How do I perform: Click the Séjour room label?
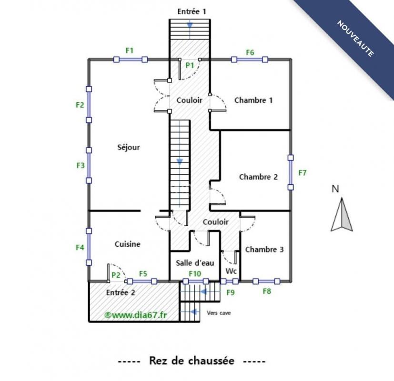[129, 147]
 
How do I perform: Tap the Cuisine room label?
[127, 244]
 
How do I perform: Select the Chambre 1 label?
[253, 100]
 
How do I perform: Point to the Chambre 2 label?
[258, 177]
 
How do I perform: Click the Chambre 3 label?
[264, 250]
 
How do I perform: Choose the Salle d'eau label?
[195, 263]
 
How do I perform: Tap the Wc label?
[231, 271]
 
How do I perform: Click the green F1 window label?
[130, 50]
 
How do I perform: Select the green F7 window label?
[302, 173]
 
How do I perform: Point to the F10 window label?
[195, 273]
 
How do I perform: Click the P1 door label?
[190, 65]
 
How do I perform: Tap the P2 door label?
[116, 275]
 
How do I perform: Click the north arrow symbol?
[342, 214]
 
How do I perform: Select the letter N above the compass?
[335, 189]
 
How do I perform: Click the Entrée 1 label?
[192, 11]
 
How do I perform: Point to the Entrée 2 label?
[121, 292]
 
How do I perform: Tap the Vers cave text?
[219, 313]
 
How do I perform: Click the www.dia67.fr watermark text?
[135, 315]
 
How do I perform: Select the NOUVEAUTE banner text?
[355, 38]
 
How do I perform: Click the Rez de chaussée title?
[192, 361]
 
